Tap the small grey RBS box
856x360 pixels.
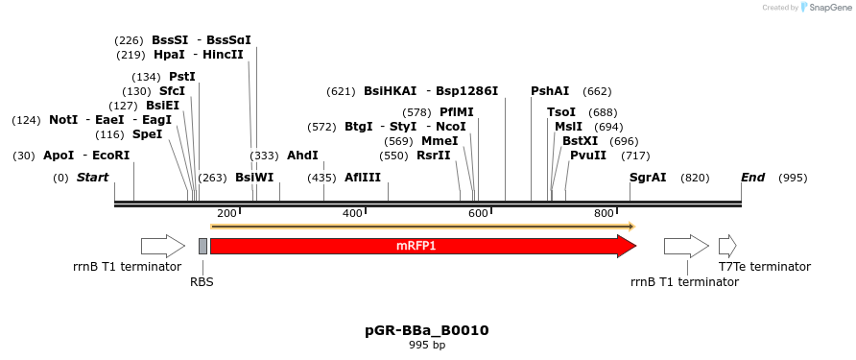202,246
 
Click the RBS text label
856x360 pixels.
202,281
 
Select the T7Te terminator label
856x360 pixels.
764,267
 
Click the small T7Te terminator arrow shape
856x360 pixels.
726,246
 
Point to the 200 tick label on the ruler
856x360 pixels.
226,213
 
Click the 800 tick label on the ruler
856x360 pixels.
604,213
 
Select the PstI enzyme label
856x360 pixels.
181,77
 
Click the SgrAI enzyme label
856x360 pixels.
648,178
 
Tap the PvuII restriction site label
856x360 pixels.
588,156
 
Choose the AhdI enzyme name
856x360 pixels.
302,156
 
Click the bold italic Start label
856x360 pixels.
92,178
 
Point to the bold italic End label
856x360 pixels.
752,178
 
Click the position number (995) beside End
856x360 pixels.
793,178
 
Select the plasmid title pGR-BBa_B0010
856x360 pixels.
427,330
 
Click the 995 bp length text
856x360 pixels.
427,345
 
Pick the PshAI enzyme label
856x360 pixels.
550,91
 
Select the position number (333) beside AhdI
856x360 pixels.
264,156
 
